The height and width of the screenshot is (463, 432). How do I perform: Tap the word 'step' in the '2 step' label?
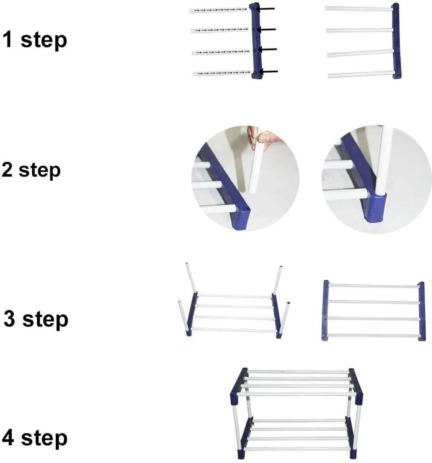click(x=40, y=171)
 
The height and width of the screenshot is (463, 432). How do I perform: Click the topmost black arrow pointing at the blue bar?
click(x=266, y=8)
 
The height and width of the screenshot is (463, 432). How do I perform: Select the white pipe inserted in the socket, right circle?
click(x=383, y=164)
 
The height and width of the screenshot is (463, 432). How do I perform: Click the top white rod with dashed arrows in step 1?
click(x=218, y=10)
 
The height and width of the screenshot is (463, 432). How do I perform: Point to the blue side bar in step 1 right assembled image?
click(x=396, y=41)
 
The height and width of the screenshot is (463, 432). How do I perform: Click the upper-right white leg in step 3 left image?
click(x=277, y=279)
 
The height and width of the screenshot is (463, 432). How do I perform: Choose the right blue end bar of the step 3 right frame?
click(x=421, y=311)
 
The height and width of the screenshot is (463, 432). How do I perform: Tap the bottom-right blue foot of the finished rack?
click(x=353, y=454)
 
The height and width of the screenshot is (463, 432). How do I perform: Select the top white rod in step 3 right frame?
click(x=374, y=286)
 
